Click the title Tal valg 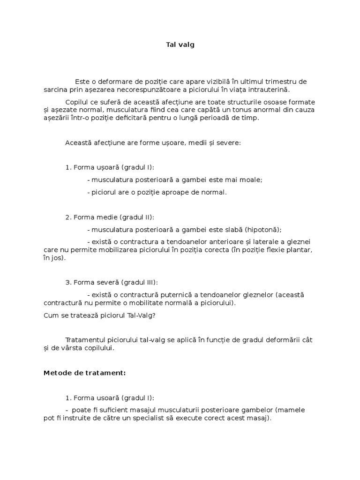click(180, 45)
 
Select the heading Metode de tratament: click(84, 373)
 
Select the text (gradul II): click(137, 217)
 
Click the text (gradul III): click(140, 282)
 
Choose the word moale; click(252, 180)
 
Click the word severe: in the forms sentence click(229, 142)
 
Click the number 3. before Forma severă click(68, 282)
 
